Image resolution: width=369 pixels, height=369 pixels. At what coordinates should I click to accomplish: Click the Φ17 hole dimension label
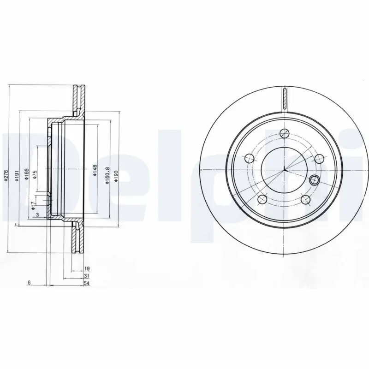tap(34, 205)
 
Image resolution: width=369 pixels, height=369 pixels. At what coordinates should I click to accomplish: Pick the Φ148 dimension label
tap(95, 171)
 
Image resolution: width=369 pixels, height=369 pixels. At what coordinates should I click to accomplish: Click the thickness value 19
tap(87, 268)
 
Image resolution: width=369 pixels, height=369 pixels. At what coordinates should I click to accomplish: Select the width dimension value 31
tap(87, 276)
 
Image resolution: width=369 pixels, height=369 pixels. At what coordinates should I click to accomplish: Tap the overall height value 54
tap(87, 283)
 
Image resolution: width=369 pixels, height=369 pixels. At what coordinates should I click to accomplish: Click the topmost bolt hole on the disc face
tap(285, 133)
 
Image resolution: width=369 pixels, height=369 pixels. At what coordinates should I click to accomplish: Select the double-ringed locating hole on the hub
tap(315, 179)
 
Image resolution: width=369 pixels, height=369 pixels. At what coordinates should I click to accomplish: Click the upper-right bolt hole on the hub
tap(319, 159)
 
